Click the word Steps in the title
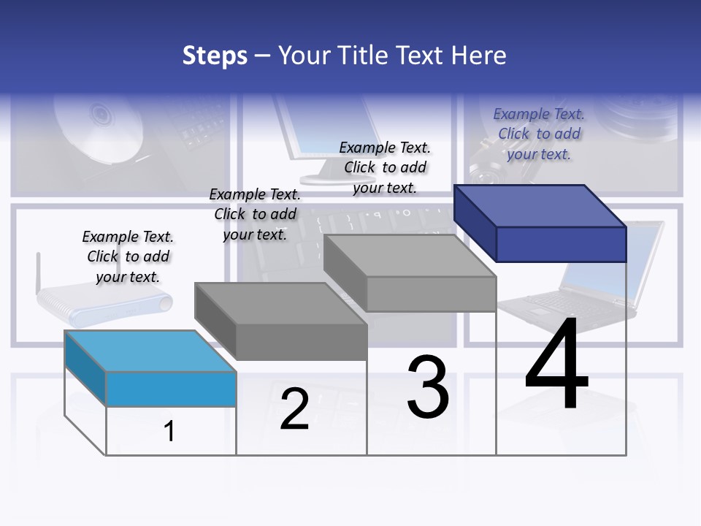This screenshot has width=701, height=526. coord(215,56)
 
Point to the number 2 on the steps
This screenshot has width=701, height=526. coord(294,409)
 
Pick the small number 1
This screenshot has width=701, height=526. coord(169,431)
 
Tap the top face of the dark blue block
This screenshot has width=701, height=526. coord(540,205)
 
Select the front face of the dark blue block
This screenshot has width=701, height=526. coord(561,244)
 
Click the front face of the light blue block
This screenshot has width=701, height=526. coord(171,389)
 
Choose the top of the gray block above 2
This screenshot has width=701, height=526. coord(280,303)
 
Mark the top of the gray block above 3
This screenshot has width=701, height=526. coord(410,255)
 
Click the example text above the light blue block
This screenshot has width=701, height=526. coord(128,256)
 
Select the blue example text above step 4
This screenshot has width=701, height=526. coord(539,134)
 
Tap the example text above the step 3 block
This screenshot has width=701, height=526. coord(385,167)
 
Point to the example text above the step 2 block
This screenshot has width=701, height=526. coord(255,214)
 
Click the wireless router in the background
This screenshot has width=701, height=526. coord(102,303)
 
